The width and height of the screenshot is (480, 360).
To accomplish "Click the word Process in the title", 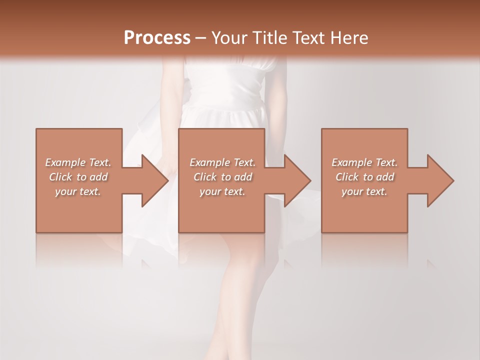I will click(x=157, y=38).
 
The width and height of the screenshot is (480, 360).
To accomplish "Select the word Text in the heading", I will click(x=307, y=38).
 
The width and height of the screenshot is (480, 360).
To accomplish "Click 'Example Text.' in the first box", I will click(x=78, y=162).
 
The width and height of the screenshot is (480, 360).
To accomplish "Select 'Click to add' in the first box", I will click(x=78, y=177).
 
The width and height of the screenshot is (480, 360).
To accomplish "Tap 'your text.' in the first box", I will click(x=78, y=191).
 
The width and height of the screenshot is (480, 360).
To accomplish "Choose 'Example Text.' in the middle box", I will click(x=222, y=162).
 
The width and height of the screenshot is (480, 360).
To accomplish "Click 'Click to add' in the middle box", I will click(x=222, y=177).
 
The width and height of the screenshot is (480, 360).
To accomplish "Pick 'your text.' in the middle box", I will click(x=222, y=191).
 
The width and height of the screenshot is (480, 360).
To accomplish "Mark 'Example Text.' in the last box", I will click(x=364, y=162).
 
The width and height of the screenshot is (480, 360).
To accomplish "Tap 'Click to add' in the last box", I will click(x=364, y=177).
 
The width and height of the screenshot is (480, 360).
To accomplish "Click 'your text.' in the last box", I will click(x=364, y=191).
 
